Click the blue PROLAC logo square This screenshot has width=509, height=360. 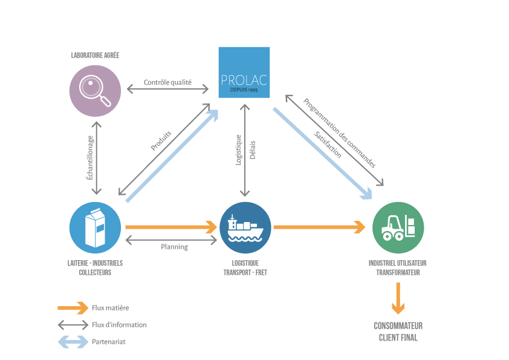pos(244,71)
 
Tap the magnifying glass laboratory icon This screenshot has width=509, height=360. pos(95,90)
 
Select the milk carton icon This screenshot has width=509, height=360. pos(95,227)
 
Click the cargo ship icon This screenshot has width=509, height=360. pos(245,227)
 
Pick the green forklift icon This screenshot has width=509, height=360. pos(398,227)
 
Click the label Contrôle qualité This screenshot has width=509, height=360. pos(167,82)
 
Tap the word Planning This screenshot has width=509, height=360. pos(174,247)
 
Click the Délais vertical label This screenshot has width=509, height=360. pos(252,150)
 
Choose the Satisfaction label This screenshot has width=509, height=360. pos(328,145)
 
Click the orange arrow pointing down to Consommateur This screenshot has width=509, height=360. pos(398,298)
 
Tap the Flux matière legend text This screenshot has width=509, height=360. pos(110,308)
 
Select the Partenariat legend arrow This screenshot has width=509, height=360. pos(73,342)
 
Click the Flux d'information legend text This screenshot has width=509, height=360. pos(119,325)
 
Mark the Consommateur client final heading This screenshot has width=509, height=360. pos(398,332)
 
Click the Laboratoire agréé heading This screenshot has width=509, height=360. pos(95,55)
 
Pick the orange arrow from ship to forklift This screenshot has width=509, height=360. pos(319,227)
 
